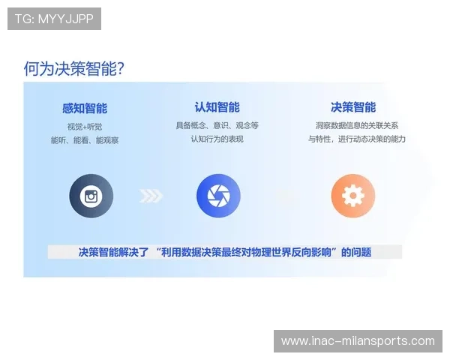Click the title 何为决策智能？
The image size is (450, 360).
pos(73,69)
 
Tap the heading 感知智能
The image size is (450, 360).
pos(84,109)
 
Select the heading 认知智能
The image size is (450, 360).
pos(217,107)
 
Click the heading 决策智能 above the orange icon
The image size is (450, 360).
pos(353,107)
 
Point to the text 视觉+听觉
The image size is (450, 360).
pos(84,126)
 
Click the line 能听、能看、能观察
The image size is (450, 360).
pos(84,140)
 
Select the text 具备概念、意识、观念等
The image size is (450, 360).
pos(217,124)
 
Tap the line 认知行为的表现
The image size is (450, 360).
pos(217,139)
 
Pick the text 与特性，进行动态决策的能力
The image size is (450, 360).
pos(356,139)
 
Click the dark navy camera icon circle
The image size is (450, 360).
pos(91,196)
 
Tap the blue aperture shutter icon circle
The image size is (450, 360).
pos(218,196)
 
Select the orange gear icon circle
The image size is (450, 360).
pos(352,196)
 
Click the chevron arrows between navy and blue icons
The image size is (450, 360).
pos(151,196)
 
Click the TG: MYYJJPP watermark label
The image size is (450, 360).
pos(54,19)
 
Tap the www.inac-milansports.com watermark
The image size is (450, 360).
pos(357,341)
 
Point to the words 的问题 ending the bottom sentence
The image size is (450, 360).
pos(356,252)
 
